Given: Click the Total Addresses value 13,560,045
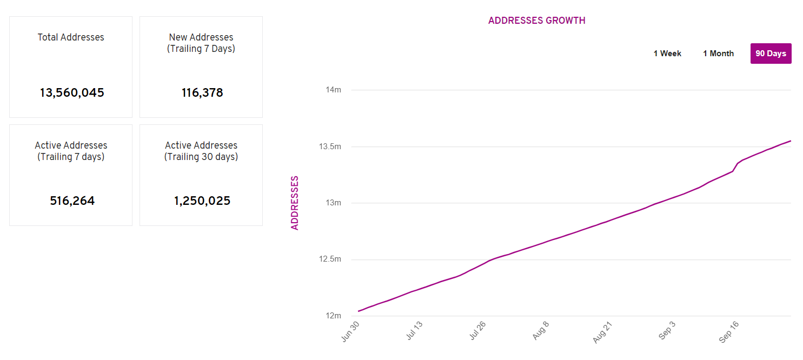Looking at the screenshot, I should (71, 93).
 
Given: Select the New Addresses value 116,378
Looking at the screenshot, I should (202, 93).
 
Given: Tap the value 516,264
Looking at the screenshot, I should (72, 201).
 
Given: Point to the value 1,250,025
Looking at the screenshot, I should (202, 201).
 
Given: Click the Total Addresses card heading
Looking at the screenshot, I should (71, 37).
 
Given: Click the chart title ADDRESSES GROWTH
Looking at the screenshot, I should (536, 21).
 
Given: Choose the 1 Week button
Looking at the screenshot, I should (667, 54).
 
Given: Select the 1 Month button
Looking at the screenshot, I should (718, 54).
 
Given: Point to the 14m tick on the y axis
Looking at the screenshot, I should (333, 90).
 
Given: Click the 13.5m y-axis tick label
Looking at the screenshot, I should (330, 146).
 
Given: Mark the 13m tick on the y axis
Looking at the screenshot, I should (333, 203).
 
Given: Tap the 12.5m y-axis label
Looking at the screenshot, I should (330, 259).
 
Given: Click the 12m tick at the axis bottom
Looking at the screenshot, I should (333, 316).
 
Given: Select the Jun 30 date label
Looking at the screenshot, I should (351, 331).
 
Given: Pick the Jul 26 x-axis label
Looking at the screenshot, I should (477, 331).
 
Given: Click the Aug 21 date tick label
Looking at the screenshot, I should (603, 331).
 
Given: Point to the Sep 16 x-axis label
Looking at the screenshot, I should (729, 331).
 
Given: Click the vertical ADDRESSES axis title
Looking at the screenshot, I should (295, 203).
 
